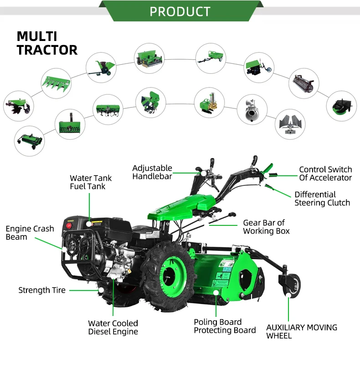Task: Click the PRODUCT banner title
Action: point(180,11)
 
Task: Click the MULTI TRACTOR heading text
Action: point(47,43)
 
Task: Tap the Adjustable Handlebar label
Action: point(152,172)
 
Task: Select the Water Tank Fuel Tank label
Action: point(91,182)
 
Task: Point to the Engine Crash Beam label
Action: point(30,233)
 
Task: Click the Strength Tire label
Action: point(42,290)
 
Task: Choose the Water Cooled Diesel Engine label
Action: point(113,327)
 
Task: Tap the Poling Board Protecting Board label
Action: point(225,326)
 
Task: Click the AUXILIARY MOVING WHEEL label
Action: point(302,331)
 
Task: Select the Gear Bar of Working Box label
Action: point(266,227)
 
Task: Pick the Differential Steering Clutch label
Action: point(322,199)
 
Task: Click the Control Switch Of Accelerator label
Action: point(325,173)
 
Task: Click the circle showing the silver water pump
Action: point(251,109)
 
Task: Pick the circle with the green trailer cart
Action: point(211,58)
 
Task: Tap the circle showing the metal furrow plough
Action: point(290,124)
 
